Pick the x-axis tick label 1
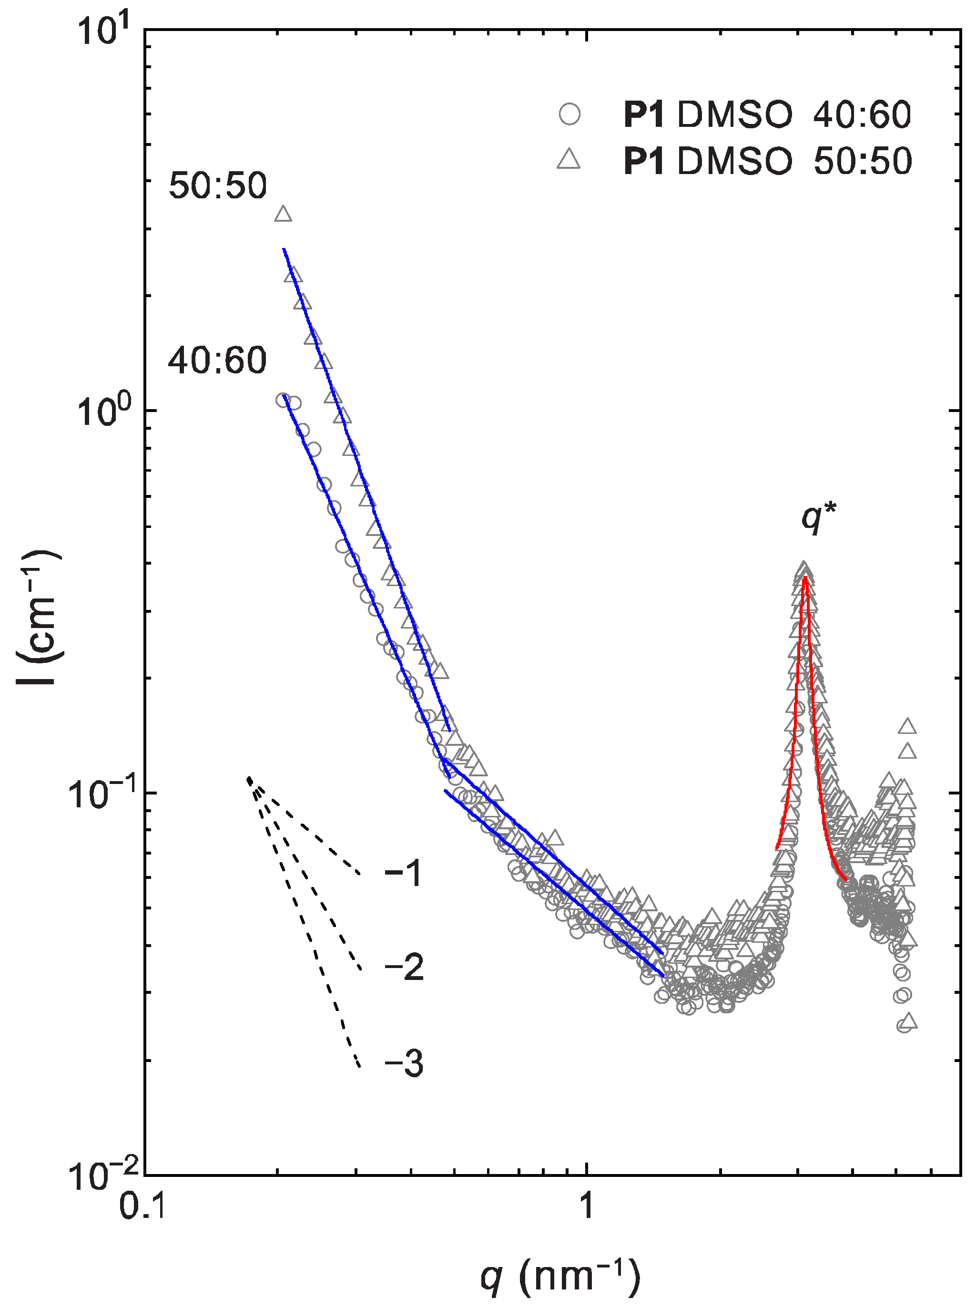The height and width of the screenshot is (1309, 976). [586, 1206]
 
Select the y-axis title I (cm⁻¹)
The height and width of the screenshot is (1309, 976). [39, 618]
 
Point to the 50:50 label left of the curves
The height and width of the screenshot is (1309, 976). [217, 186]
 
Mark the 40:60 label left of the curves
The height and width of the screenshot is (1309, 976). [217, 361]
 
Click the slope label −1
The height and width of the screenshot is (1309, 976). [404, 873]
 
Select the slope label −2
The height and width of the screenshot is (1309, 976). [404, 969]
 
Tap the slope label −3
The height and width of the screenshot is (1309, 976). [404, 1064]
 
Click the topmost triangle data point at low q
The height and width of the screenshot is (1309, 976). [284, 214]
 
